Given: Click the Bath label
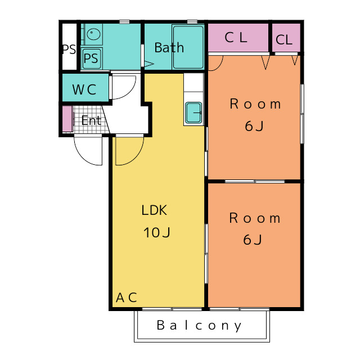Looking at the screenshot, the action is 169,47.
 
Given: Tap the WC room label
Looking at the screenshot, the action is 84,89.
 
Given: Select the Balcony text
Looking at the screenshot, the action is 199,326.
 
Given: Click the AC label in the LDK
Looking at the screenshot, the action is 126,298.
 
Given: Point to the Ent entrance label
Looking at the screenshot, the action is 91,120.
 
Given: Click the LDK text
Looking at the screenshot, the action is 154,210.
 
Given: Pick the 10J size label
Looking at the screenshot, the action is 157,232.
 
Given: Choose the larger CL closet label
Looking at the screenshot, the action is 236,38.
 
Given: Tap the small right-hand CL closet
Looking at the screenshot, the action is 286,38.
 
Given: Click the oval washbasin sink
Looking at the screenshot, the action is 94,34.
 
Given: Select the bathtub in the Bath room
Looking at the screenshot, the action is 188,47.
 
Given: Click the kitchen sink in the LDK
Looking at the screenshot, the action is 193,112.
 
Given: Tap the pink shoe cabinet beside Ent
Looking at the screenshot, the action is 67,119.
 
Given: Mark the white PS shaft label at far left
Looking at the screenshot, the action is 69,49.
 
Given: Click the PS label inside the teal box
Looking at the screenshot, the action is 91,58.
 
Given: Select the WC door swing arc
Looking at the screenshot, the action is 130,93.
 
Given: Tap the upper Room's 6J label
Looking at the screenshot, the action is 254,126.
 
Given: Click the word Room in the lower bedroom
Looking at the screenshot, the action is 255,218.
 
